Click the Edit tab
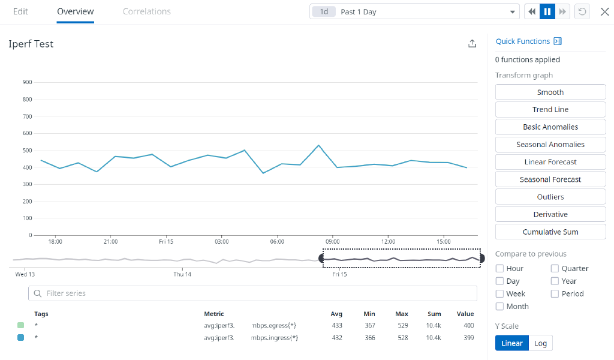20,11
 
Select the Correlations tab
146,11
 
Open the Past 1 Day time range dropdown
414,12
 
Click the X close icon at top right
604,12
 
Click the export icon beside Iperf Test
472,44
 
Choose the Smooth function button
550,92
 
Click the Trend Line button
550,110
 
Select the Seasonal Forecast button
550,179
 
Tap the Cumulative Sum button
550,232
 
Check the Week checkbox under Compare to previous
499,294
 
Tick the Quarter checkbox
555,269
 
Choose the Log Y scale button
540,343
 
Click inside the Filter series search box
252,293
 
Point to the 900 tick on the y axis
27,82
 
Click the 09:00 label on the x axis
332,242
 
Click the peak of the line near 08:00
318,145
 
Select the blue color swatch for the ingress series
21,338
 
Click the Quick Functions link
522,41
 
